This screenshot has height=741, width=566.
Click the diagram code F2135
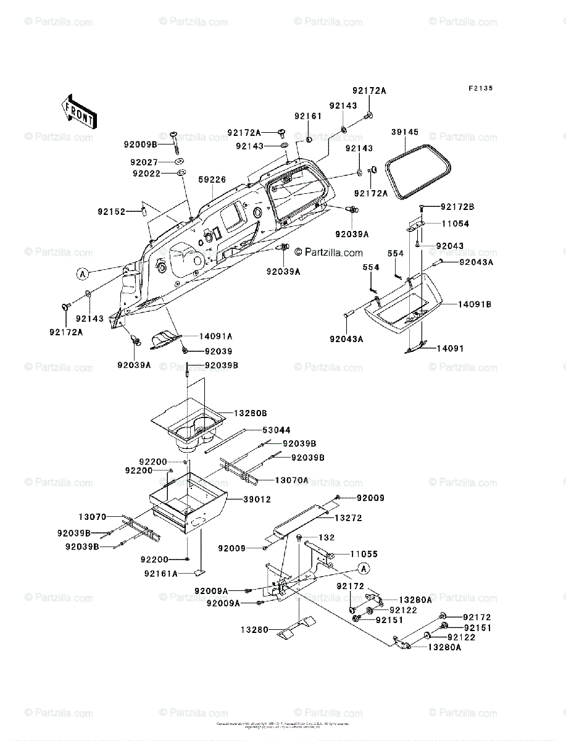[480, 88]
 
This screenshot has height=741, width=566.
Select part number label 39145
[405, 132]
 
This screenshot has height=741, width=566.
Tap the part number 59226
[212, 180]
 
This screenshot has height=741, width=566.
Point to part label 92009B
[140, 144]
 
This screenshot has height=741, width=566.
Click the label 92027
[144, 162]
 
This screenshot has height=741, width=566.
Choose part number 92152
[111, 211]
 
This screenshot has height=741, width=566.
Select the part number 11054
[455, 224]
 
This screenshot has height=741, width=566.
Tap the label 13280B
[250, 412]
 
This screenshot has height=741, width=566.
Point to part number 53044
[277, 430]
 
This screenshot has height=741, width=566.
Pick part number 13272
[348, 517]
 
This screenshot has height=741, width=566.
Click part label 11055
[364, 555]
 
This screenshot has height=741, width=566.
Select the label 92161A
[160, 574]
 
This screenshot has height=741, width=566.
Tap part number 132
[326, 538]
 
